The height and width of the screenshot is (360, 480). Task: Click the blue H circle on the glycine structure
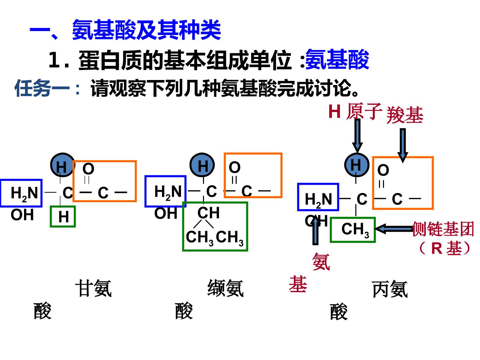[x=63, y=165]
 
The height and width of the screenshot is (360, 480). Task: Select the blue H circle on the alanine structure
[x=357, y=165]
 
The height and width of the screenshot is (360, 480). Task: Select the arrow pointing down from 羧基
[x=403, y=145]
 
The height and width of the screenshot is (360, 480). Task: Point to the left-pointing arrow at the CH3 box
[x=394, y=229]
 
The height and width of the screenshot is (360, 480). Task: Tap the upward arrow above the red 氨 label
[x=315, y=232]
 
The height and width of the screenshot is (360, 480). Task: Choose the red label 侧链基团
[x=443, y=229]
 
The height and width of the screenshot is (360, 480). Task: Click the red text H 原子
[x=355, y=111]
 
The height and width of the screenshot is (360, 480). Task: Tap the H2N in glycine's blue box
[x=24, y=194]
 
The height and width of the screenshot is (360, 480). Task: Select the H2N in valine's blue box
[x=168, y=192]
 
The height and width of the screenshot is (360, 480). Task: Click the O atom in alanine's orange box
[x=383, y=170]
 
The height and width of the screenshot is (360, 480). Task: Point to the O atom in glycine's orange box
[x=88, y=169]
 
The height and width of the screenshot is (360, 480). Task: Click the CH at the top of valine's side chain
[x=208, y=213]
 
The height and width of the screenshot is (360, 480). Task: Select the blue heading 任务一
[x=42, y=88]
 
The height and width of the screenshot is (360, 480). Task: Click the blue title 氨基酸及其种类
[x=147, y=30]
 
